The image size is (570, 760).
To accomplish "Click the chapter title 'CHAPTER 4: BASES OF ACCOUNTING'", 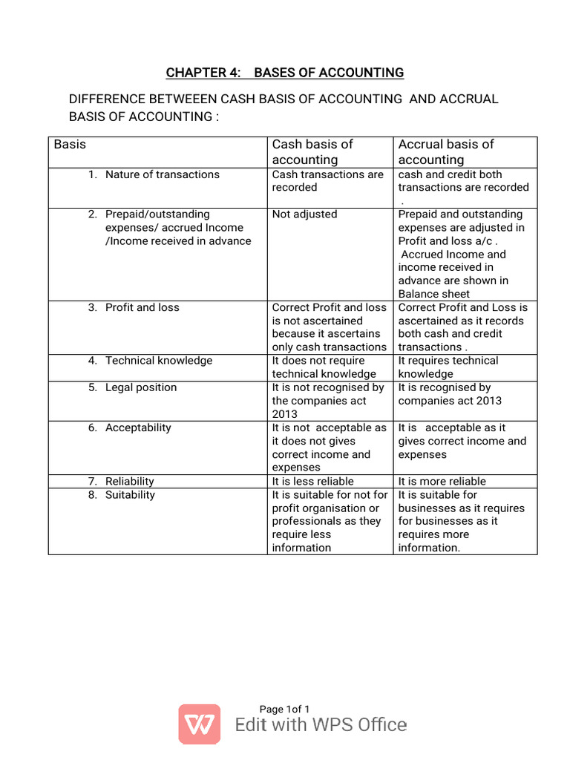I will point(285,73).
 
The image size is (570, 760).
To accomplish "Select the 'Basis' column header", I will point(70,145).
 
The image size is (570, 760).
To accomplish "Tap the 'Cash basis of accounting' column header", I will point(312,152).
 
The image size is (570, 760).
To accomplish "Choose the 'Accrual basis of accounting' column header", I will point(445,152).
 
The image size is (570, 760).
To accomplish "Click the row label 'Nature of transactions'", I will point(162,174).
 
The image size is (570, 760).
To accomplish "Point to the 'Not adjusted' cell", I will point(304,214).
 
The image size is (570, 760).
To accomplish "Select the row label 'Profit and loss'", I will point(142,307).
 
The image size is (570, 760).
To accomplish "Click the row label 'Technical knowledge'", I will point(158,361).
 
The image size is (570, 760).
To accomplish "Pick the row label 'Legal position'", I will point(141,387).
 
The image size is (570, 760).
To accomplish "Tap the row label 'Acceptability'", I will point(138,427).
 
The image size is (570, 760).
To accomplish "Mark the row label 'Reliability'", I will point(130,481).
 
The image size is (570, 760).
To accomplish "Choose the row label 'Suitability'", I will point(130,494).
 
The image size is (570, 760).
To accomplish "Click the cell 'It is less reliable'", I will point(313,481).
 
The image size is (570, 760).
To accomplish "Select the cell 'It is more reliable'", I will point(442,481).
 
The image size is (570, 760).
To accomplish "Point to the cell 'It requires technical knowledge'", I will point(448,367).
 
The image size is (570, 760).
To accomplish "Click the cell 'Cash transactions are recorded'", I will point(327,181).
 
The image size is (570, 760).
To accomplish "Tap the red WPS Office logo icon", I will point(199,724).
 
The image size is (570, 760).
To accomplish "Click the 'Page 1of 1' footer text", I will point(284,709).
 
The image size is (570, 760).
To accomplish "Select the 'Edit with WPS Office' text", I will point(321,725).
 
